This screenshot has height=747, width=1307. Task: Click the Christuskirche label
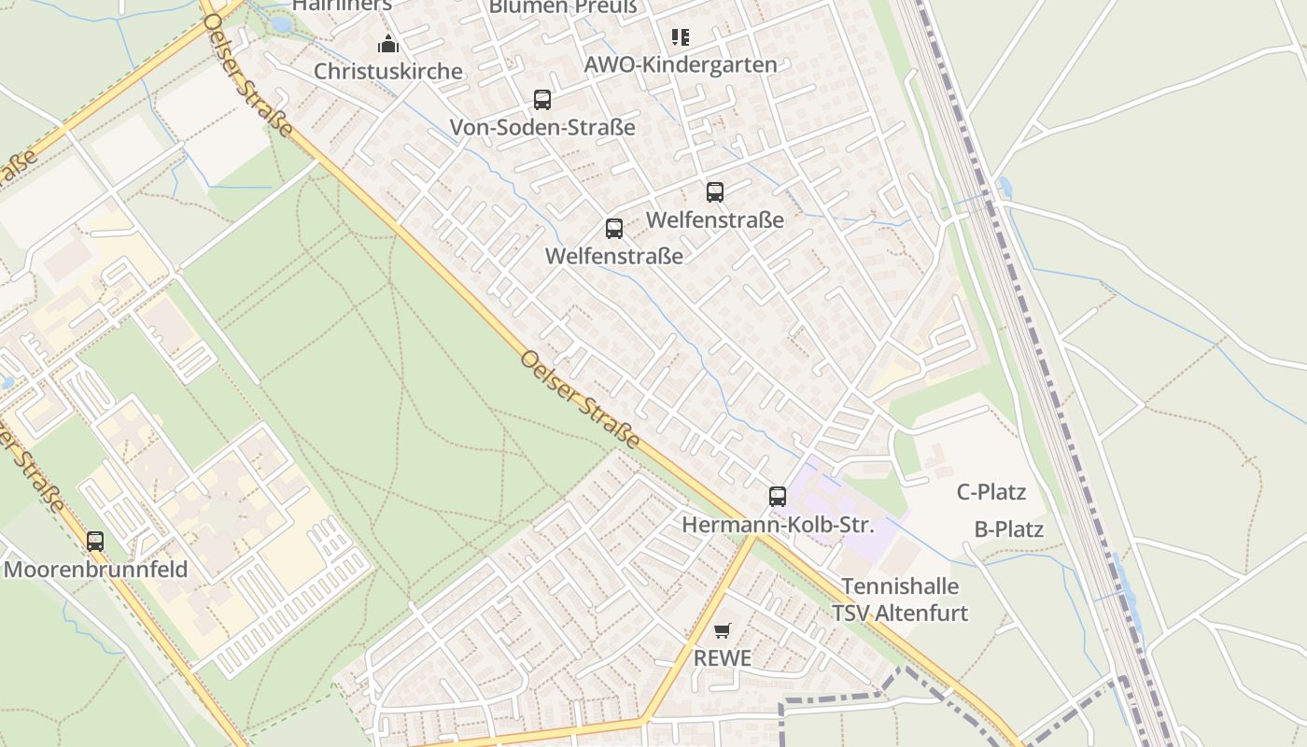387,71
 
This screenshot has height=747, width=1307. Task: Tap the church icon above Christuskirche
387,44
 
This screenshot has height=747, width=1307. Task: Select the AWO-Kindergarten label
680,64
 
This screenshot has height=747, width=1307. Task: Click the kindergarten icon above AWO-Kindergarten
680,37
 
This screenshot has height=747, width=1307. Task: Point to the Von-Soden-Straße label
542,127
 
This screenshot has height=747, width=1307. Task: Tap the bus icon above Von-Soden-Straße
542,100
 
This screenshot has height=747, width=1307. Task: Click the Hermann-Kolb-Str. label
778,525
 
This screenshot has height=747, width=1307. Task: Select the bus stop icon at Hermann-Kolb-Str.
778,497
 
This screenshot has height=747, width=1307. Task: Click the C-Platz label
991,492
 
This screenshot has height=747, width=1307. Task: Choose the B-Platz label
1008,529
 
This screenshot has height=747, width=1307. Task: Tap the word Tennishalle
900,586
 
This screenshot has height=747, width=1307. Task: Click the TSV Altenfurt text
900,613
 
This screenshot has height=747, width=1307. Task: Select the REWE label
722,658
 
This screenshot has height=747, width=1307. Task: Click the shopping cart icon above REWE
722,631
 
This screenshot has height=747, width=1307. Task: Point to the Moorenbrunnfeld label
95,569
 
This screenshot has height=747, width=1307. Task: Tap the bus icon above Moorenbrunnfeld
95,542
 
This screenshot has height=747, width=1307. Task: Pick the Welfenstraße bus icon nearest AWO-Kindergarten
715,192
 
